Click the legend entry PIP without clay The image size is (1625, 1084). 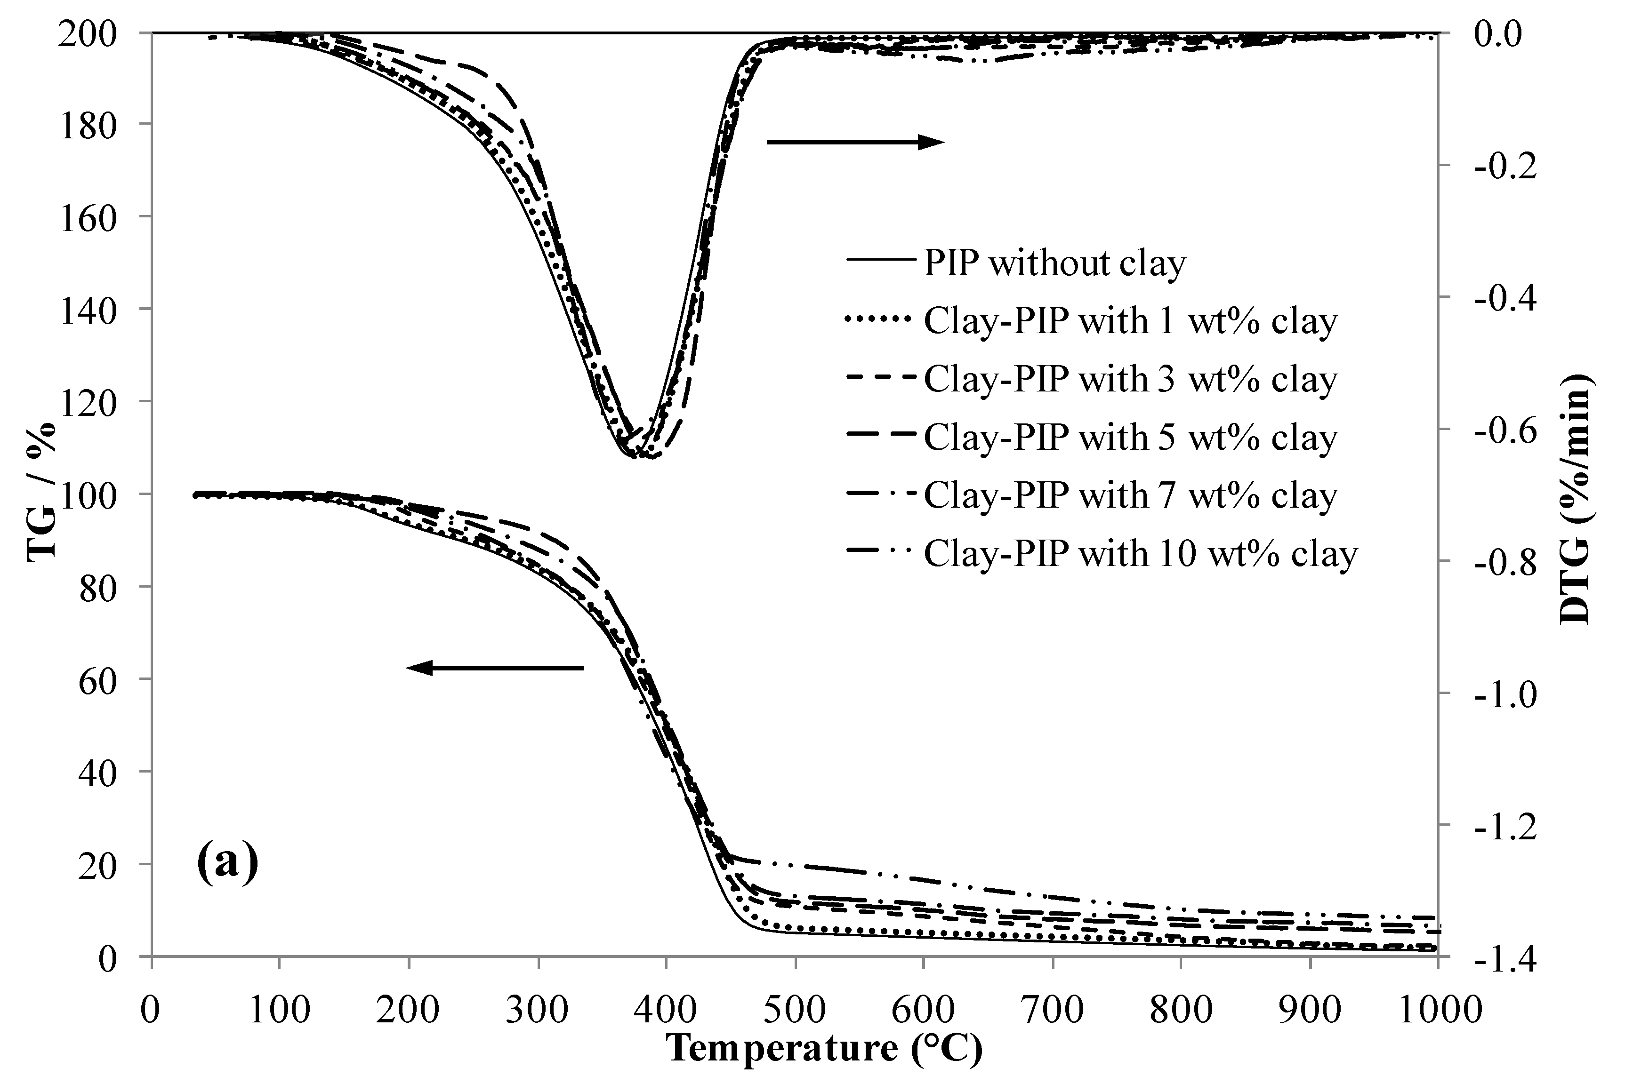(x=1054, y=263)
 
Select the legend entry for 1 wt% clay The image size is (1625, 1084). (x=1130, y=321)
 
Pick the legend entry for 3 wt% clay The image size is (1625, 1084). (x=1130, y=380)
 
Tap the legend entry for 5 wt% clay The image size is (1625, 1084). (x=1130, y=438)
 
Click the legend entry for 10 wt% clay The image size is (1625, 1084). (x=1140, y=554)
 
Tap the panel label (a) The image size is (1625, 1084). (x=227, y=862)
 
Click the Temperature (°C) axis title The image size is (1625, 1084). (x=824, y=1048)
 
